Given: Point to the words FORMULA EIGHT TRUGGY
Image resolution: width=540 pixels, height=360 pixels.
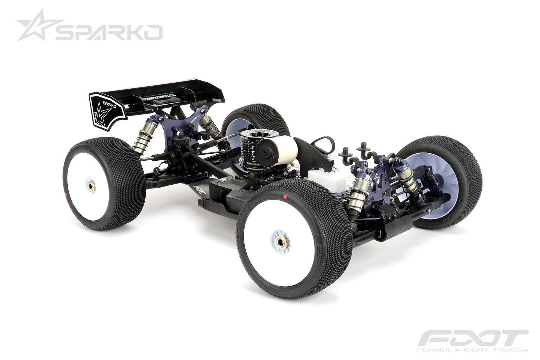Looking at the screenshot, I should (x=472, y=350).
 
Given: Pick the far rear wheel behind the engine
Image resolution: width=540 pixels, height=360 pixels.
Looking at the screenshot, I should (x=258, y=120).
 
